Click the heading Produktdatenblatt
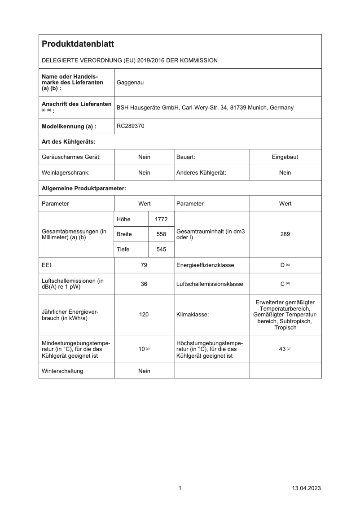coord(78,44)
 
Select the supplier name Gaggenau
coord(130,83)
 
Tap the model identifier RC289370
coord(131,126)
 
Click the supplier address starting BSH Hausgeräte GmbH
coord(205,108)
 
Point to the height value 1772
coord(161,219)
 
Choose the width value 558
coord(161,234)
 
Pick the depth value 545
coord(161,250)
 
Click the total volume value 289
coord(285,234)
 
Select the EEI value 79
coord(144,265)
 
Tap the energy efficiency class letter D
coord(283,265)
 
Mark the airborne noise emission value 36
coord(144,284)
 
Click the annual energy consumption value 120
coord(144,315)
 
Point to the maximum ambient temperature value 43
coord(282,349)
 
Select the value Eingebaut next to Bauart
coord(285,157)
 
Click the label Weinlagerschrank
coord(66,173)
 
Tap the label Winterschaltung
coord(62,371)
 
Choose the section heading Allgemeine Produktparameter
coord(83,188)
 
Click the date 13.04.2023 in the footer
coord(307,488)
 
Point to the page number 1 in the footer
coord(180,488)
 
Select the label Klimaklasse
coord(193,315)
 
